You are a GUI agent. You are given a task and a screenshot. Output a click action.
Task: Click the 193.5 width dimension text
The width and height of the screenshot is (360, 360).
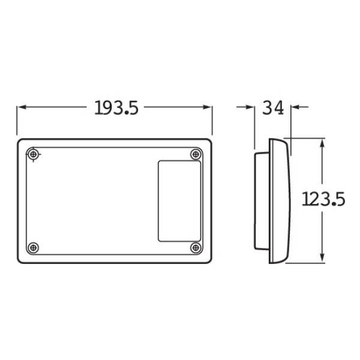116,107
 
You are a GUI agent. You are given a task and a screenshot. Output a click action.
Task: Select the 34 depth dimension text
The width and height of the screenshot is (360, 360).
273,107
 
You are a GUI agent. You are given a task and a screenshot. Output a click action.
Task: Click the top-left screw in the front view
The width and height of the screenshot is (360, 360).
34,155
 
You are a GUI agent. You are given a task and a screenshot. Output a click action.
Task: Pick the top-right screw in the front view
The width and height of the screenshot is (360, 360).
196,155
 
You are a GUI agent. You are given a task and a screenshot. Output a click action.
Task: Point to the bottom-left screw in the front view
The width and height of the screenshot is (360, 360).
34,247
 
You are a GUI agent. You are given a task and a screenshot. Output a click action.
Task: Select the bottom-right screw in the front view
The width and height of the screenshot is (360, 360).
196,247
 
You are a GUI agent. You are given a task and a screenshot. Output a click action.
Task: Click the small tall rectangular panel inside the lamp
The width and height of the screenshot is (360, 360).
179,201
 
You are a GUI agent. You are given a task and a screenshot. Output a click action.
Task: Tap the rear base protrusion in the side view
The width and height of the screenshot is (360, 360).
259,201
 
